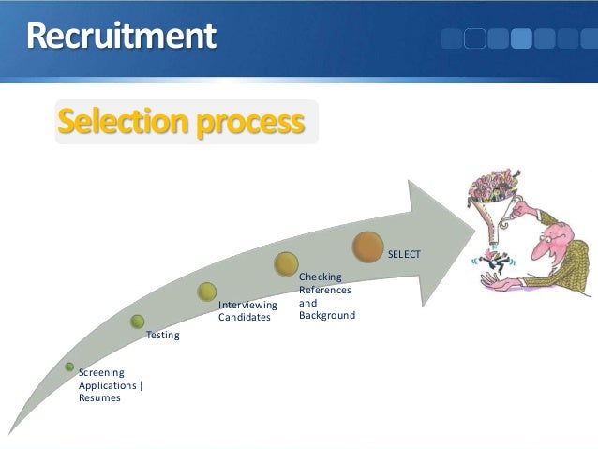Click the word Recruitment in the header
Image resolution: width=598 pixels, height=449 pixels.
(x=121, y=37)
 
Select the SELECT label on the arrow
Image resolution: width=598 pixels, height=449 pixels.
(x=404, y=255)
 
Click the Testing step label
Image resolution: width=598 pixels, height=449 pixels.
(x=162, y=335)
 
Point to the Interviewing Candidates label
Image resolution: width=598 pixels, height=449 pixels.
(x=247, y=311)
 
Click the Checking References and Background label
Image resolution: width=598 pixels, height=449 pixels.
(x=326, y=296)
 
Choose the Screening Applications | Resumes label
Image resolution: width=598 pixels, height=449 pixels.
(x=111, y=385)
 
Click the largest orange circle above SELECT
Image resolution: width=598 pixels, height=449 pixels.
(x=371, y=247)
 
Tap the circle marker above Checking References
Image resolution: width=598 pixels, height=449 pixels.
(x=287, y=264)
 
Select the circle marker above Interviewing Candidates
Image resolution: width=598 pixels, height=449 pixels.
(x=208, y=292)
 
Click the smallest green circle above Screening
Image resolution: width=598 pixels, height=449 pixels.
(x=69, y=367)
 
